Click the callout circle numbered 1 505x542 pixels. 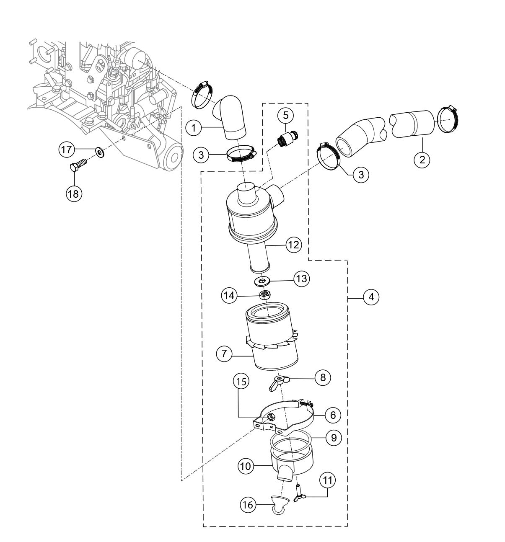point(194,128)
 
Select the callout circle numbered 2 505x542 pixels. point(422,159)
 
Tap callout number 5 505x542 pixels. point(286,114)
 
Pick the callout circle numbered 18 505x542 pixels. point(75,193)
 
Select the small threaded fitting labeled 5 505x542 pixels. point(287,137)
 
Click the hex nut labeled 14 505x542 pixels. point(264,294)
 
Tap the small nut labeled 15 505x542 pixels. point(271,417)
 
